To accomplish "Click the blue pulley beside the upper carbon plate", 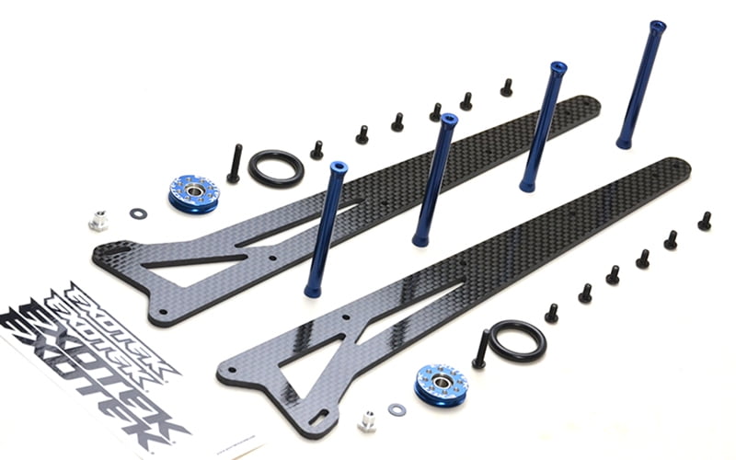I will (193, 193).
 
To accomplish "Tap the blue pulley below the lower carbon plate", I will (441, 385).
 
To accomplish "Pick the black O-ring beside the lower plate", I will (517, 340).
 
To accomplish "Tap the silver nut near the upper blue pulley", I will (98, 221).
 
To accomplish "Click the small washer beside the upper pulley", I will (138, 213).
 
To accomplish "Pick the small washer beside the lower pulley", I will (397, 409).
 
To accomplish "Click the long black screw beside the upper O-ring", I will (235, 163).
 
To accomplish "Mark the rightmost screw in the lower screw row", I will (705, 221).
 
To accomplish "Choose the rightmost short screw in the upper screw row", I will (506, 87).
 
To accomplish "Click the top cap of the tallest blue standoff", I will (657, 28).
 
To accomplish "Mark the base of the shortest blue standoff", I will (314, 290).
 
